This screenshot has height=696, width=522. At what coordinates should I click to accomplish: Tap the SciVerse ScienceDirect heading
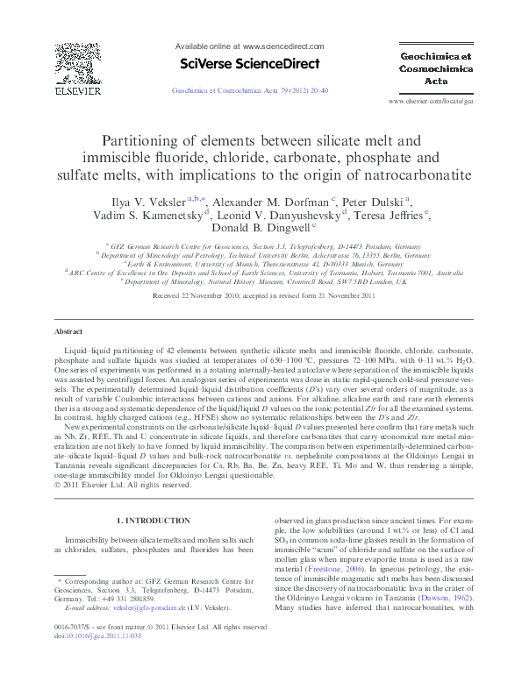[x=249, y=62]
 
